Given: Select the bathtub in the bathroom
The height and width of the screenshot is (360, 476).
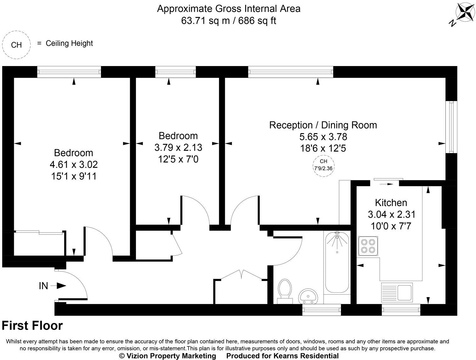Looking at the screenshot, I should pyautogui.click(x=337, y=263).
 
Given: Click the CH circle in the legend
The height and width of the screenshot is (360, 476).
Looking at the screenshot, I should pyautogui.click(x=16, y=45).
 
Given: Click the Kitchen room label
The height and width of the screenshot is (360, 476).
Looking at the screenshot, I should pyautogui.click(x=391, y=202).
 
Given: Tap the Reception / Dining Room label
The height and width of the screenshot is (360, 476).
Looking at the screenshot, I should pyautogui.click(x=323, y=125).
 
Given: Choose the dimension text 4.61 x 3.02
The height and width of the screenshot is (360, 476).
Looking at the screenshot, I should pyautogui.click(x=74, y=164).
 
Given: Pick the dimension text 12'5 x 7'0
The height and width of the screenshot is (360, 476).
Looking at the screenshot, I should pyautogui.click(x=178, y=159).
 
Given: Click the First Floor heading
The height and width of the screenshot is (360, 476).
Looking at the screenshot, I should pyautogui.click(x=32, y=325).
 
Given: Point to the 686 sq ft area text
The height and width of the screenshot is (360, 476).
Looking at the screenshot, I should pyautogui.click(x=257, y=21).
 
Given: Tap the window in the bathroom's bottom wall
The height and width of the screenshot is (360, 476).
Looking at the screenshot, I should pyautogui.click(x=321, y=310).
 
